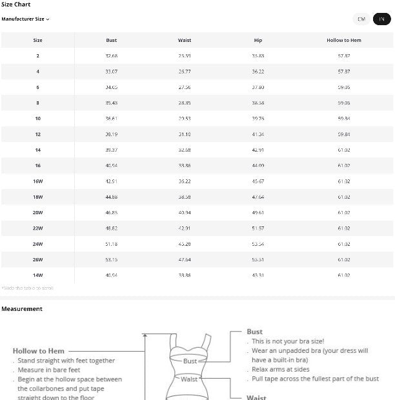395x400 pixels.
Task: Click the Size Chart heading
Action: (16, 5)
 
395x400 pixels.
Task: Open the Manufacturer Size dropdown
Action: (25, 19)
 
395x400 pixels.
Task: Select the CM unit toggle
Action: (361, 19)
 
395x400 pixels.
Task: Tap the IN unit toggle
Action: (381, 19)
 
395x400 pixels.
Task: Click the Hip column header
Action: (258, 41)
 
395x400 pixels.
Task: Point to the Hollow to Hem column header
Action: (343, 41)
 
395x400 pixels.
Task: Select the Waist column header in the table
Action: (185, 41)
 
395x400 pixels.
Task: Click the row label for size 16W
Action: (38, 181)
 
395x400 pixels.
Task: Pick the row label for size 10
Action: (38, 119)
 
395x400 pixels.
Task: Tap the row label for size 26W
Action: (38, 259)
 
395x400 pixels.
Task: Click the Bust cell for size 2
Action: (111, 56)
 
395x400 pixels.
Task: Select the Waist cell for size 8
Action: (185, 103)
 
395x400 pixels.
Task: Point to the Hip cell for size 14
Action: (258, 150)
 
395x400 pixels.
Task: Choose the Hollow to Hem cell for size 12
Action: (343, 134)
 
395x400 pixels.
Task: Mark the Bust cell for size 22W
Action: (111, 228)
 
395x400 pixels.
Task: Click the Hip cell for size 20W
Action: (258, 212)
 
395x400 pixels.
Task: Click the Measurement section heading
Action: (22, 309)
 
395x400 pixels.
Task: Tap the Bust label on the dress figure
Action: (190, 361)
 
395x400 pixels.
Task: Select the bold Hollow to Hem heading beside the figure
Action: (39, 351)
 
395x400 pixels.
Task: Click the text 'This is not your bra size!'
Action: (288, 341)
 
